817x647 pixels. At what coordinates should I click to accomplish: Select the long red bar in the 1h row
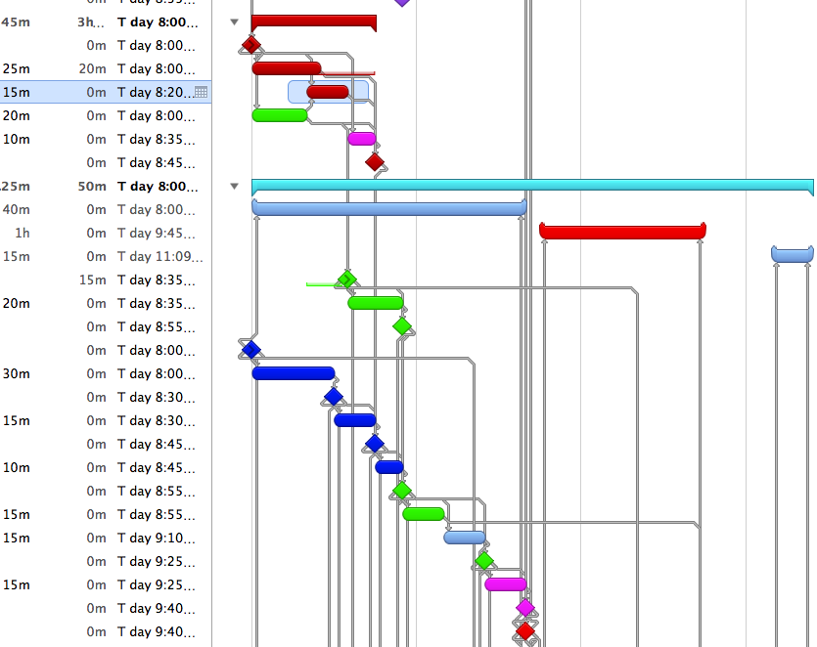(622, 232)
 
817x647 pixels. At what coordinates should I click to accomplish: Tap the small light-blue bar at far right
(793, 255)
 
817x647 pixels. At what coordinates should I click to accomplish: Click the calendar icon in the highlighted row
(202, 92)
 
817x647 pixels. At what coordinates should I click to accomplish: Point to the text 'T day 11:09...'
(160, 256)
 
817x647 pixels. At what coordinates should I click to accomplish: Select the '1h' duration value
(23, 233)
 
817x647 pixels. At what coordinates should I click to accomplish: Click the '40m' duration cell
(17, 209)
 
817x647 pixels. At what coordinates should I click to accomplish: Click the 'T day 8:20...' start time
(155, 92)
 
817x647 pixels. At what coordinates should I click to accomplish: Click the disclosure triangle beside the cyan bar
(234, 186)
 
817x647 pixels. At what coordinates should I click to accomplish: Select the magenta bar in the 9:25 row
(505, 584)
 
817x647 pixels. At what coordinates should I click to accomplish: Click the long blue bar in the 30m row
(293, 373)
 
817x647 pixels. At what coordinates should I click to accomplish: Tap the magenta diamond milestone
(525, 608)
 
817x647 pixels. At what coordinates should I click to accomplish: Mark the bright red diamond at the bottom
(525, 631)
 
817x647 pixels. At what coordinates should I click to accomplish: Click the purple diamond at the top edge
(402, 2)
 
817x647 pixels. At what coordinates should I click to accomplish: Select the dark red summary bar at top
(313, 22)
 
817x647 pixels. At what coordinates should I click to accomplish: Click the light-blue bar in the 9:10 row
(464, 538)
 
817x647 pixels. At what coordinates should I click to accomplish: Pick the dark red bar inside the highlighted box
(328, 92)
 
